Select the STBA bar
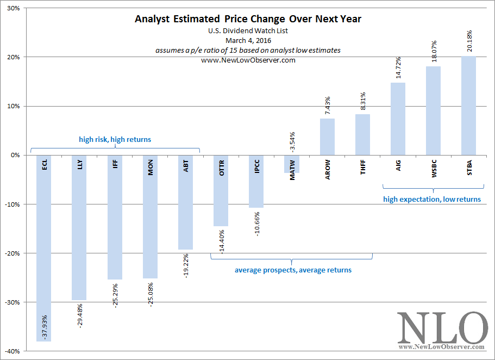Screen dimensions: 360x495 click(x=468, y=105)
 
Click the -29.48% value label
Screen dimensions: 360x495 click(x=80, y=315)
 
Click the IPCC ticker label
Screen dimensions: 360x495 click(x=256, y=166)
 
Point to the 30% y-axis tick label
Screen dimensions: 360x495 click(x=12, y=8)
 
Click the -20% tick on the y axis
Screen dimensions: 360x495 click(x=11, y=253)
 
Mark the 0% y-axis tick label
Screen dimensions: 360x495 click(x=15, y=155)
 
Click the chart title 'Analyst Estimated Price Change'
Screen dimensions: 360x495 click(x=248, y=19)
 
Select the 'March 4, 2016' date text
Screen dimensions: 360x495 click(x=248, y=40)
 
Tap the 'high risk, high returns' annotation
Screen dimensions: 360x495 click(x=115, y=140)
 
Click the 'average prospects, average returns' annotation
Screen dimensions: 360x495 click(x=293, y=270)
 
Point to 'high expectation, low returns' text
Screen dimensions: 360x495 click(x=432, y=199)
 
